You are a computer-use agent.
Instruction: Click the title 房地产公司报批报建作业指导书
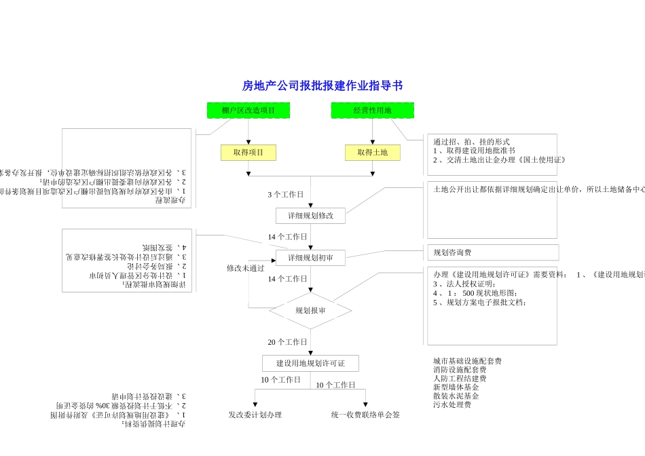322,85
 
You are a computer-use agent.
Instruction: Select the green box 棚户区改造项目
248,111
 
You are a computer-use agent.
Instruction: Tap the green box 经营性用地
372,111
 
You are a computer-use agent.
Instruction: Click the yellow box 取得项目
248,153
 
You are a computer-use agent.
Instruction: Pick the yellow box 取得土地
372,153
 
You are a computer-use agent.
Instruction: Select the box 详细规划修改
310,216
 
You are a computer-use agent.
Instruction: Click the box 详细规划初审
310,258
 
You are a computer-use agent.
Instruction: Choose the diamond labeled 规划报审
310,311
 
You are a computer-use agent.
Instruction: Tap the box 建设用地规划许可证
310,364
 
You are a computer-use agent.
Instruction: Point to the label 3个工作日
286,195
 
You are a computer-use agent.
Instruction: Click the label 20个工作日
287,342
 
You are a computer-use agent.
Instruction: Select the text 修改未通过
246,268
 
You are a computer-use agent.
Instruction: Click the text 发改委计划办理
255,415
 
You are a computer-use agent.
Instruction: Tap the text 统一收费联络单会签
365,415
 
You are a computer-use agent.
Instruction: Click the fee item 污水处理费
452,404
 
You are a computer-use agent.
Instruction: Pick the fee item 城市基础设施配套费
467,361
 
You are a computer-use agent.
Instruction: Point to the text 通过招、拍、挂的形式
471,142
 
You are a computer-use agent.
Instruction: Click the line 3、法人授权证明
464,284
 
